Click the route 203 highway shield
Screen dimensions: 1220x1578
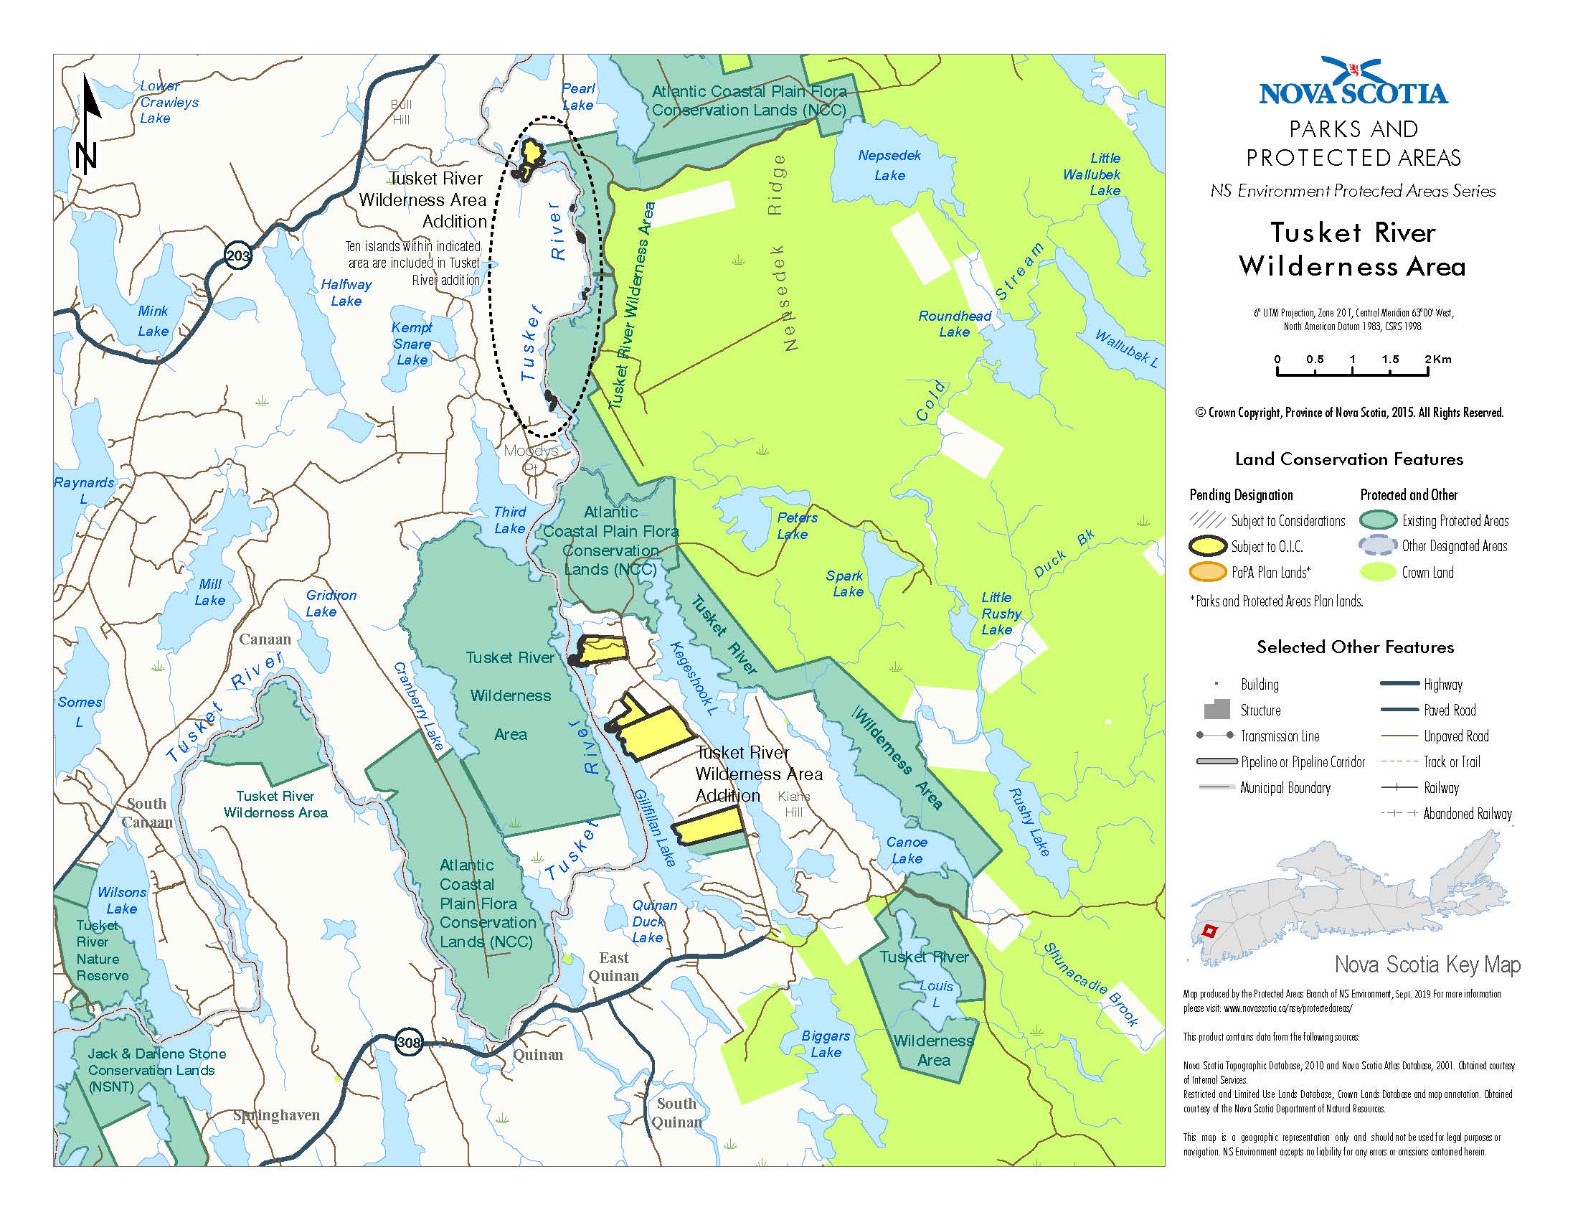[237, 256]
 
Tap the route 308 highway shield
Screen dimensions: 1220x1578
[408, 1043]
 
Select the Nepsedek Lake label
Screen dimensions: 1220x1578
[889, 165]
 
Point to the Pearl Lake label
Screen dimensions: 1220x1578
[578, 97]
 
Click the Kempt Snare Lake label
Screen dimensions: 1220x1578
[412, 343]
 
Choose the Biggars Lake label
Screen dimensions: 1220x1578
[825, 1043]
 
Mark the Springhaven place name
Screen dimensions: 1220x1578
[276, 1115]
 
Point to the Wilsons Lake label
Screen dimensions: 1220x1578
[122, 901]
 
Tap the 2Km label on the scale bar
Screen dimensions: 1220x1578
[1438, 360]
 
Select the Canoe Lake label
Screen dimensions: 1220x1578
[906, 850]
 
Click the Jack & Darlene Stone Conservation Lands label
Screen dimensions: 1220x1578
[156, 1070]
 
